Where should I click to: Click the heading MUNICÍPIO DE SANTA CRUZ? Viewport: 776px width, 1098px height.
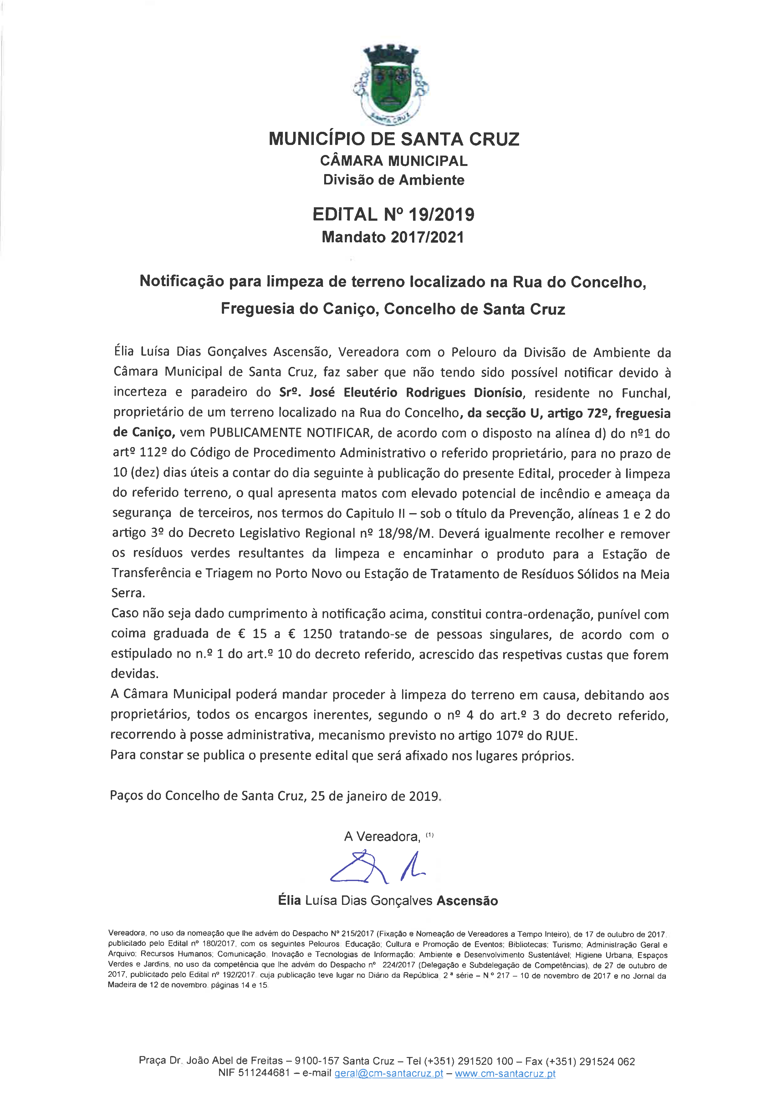[x=394, y=139]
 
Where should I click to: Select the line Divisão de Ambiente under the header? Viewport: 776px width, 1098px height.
[x=394, y=180]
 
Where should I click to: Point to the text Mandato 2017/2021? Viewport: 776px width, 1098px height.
[x=393, y=237]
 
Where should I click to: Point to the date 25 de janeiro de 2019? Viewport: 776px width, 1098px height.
[x=375, y=796]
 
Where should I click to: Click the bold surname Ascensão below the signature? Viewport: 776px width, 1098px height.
[x=467, y=901]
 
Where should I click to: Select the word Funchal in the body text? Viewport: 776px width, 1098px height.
[x=646, y=393]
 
